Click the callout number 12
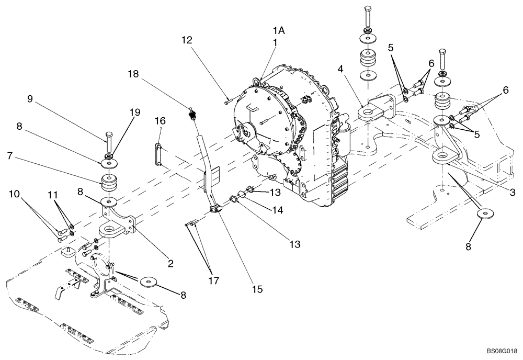point(187,39)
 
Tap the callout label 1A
point(278,31)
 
